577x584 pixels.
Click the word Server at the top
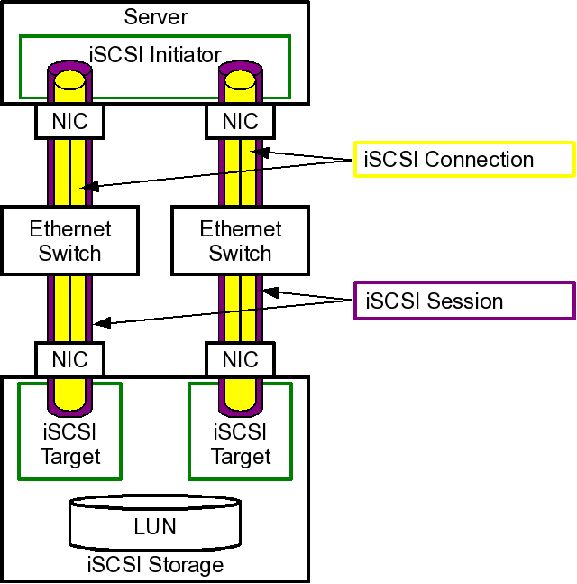pos(156,16)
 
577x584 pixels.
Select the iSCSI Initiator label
pos(156,55)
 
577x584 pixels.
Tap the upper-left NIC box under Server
pos(69,121)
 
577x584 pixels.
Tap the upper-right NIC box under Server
pos(240,121)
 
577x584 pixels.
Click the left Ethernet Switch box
pos(69,240)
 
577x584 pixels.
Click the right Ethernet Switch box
pos(240,240)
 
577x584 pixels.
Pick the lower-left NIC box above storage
pos(69,359)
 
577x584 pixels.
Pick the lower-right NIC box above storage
pos(240,359)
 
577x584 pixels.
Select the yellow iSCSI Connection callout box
pos(463,160)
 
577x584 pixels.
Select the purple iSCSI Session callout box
pos(463,300)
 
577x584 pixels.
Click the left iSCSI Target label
pos(69,444)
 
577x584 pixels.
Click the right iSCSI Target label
pos(240,444)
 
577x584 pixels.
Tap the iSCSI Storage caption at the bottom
pos(155,566)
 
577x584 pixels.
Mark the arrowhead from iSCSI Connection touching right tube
pos(256,151)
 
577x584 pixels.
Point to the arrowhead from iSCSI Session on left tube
pos(101,322)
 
